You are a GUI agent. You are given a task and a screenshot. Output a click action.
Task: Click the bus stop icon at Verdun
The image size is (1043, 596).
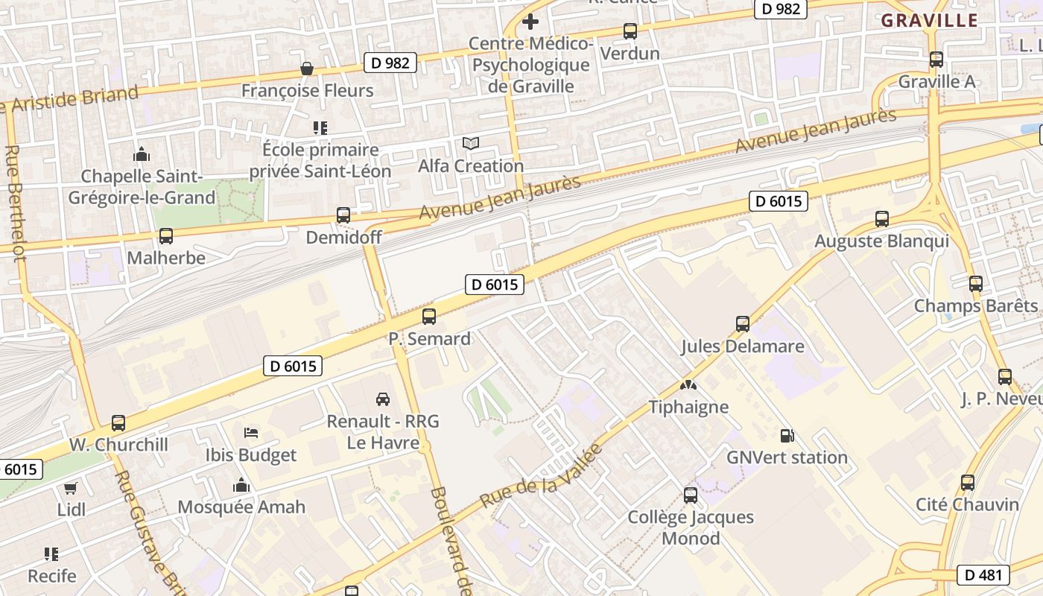coord(630,31)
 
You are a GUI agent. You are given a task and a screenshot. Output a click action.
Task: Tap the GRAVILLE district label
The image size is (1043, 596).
coord(929,21)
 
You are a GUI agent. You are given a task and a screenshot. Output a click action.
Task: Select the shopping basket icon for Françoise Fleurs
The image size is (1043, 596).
coord(306,69)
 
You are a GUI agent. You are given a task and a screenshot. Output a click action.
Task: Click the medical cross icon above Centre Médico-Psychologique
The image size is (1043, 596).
coord(530,22)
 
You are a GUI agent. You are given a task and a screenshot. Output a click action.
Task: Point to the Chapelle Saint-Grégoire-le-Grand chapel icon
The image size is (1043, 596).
coord(141,155)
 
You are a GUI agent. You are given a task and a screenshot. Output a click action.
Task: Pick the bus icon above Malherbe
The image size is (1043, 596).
coord(165,236)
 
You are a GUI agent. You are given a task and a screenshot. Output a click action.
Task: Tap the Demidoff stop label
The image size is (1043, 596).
coord(343,238)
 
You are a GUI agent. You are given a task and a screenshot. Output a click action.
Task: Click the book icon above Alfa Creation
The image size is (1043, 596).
coord(471,143)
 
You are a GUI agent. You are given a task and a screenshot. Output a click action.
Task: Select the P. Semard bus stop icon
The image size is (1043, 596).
coord(429,317)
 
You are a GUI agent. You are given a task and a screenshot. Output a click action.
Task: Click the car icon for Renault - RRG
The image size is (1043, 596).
coord(383,399)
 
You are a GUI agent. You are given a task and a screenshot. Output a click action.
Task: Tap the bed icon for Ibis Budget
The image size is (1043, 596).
coord(251,433)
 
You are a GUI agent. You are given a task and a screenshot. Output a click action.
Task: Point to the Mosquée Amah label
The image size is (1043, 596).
coord(241,507)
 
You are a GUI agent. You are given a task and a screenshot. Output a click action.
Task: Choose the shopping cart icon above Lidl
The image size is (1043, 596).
coord(71,489)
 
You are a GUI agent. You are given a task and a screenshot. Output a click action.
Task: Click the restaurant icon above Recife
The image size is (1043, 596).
coord(51,554)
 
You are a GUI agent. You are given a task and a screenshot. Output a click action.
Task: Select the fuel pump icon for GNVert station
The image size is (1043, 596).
coord(787,436)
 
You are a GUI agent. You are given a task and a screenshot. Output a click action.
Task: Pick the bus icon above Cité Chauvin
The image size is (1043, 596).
coord(967,483)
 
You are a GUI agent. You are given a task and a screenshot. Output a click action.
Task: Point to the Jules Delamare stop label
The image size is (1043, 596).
coord(743,346)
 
